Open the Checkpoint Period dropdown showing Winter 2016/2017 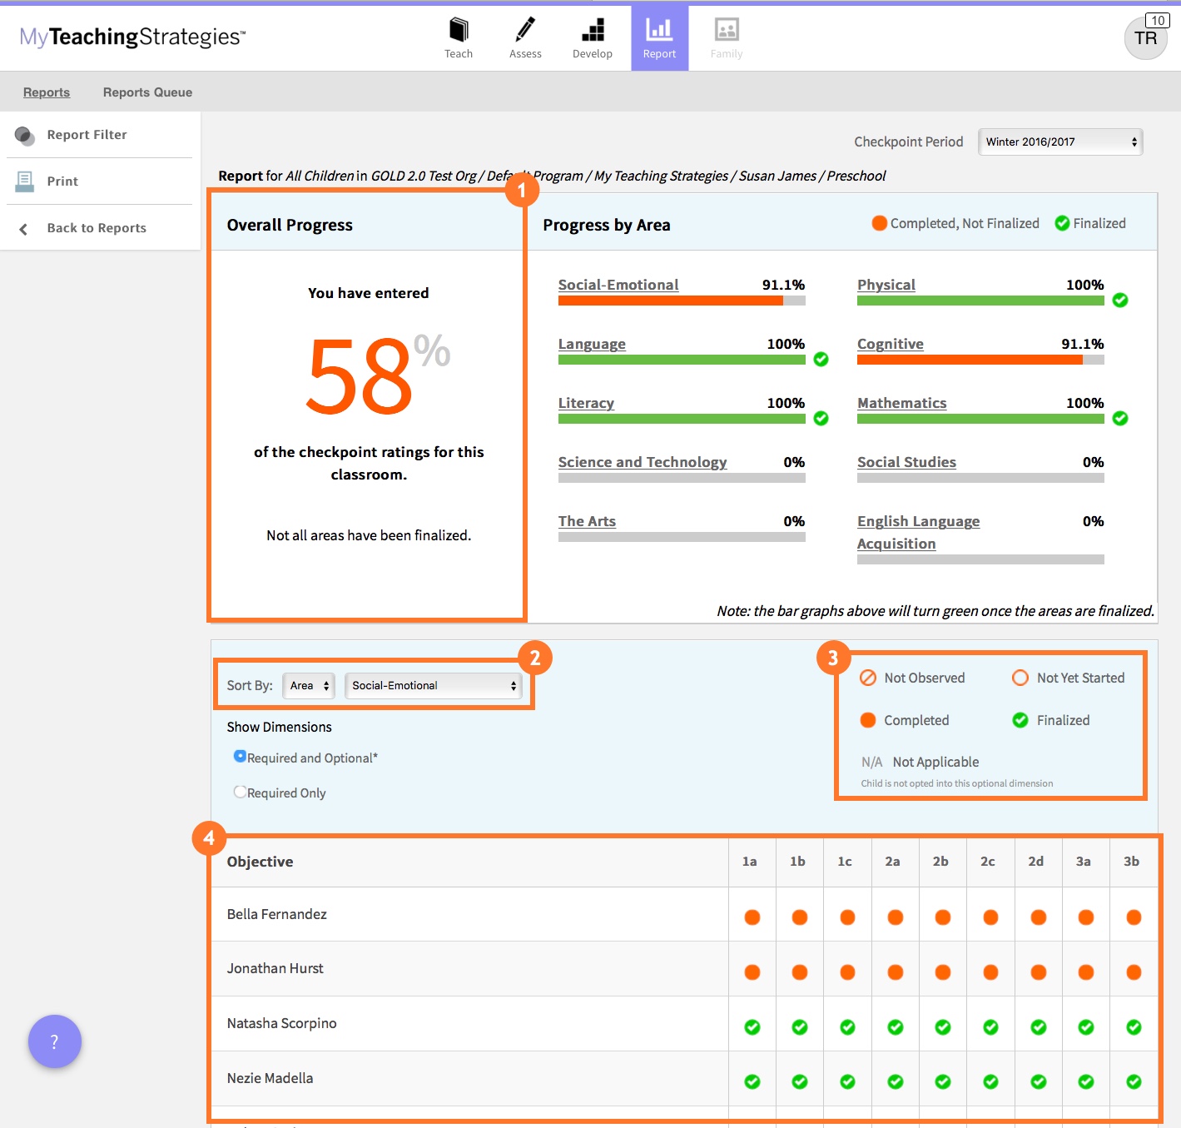click(1060, 142)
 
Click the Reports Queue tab click(147, 92)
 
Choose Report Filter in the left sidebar click(87, 135)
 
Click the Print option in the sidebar click(62, 181)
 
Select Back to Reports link click(97, 228)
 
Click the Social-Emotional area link click(618, 285)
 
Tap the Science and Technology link click(643, 462)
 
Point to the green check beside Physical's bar click(1120, 300)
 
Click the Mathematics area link click(902, 403)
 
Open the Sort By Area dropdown click(309, 685)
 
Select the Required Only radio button click(240, 792)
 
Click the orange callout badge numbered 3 click(833, 658)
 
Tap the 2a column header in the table click(892, 862)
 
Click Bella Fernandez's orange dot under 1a click(752, 917)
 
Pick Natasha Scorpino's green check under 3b click(1134, 1027)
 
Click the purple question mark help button click(55, 1041)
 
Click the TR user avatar click(1145, 38)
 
